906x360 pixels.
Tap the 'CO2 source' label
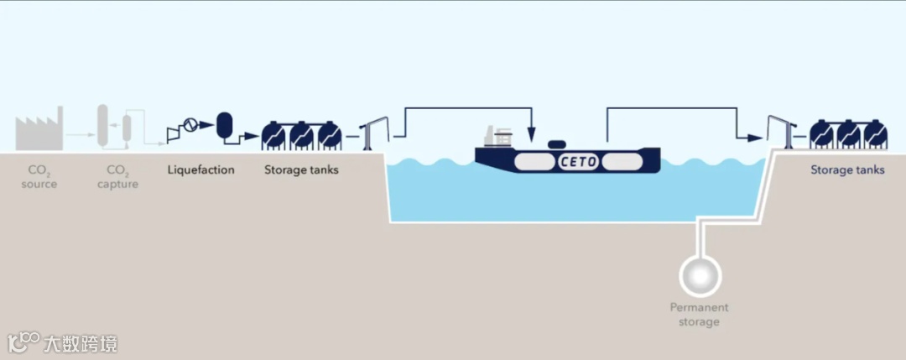[39, 177]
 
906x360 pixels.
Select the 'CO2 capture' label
[117, 177]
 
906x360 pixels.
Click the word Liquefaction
[200, 170]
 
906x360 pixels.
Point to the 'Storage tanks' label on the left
[301, 170]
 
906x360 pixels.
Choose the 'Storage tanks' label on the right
[847, 170]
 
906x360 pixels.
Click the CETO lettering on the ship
[579, 161]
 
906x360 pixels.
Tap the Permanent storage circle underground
[699, 274]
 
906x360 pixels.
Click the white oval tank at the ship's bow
[623, 160]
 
